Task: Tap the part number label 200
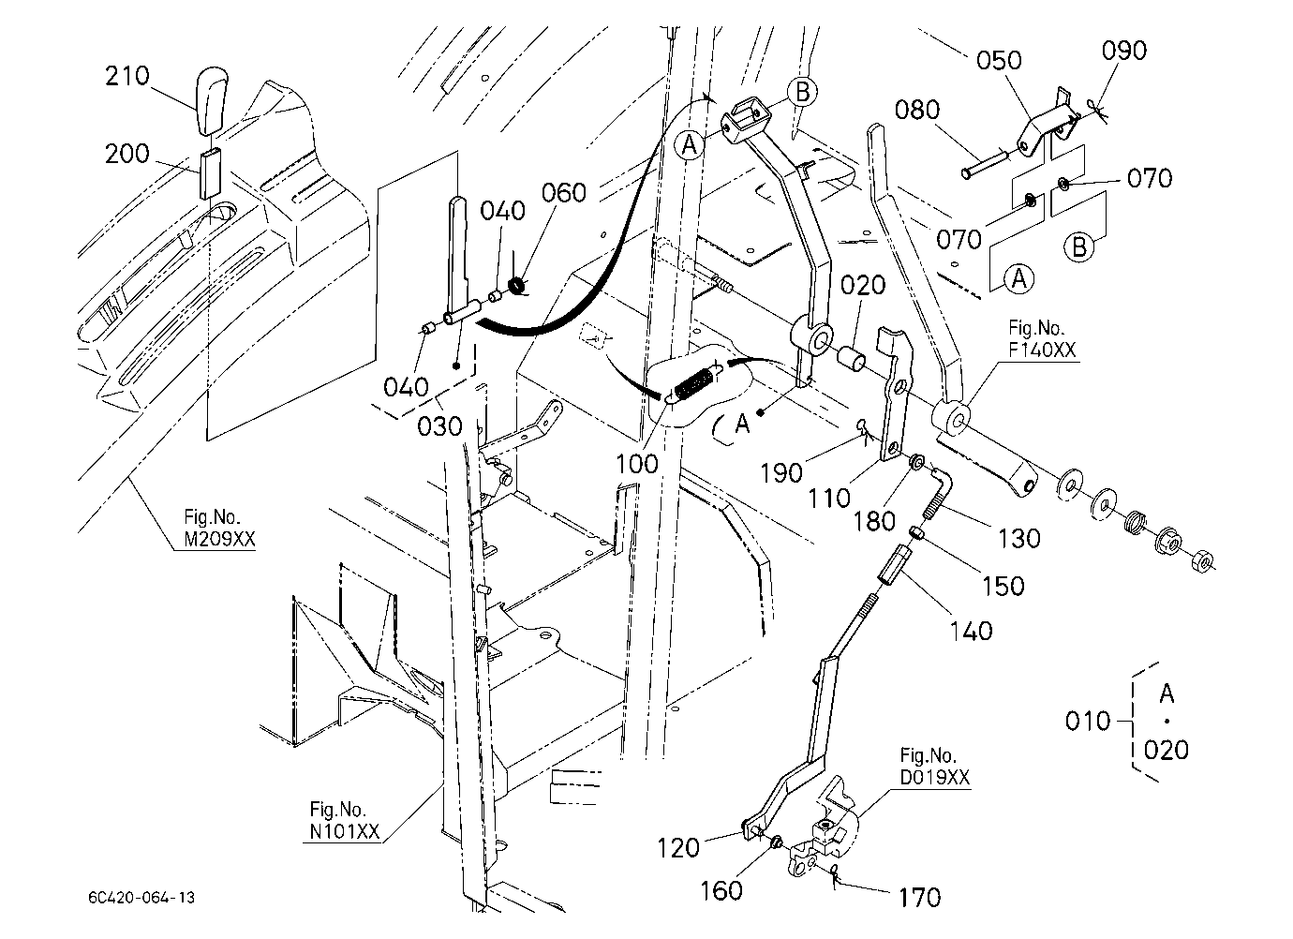tap(127, 155)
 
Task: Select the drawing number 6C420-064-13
tap(141, 898)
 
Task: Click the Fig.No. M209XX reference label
tap(219, 528)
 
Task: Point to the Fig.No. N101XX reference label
tap(345, 820)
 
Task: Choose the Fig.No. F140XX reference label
tap(1043, 339)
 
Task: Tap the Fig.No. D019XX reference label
tap(934, 767)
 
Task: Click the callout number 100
tap(637, 464)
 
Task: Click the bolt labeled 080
tap(985, 164)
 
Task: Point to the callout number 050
tap(999, 61)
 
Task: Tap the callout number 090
tap(1123, 51)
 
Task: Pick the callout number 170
tap(920, 898)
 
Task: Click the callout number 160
tap(721, 891)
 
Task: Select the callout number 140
tap(972, 632)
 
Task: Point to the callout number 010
tap(1088, 722)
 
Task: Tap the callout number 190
tap(781, 473)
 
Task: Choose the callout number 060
tap(563, 193)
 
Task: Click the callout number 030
tap(439, 426)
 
